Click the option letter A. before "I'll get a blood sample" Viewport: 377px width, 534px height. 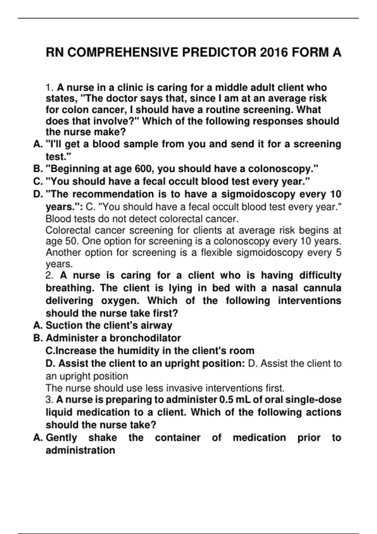(38, 144)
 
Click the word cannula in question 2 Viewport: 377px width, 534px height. (322, 288)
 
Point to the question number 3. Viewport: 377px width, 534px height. (50, 400)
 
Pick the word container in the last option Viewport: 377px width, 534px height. (178, 438)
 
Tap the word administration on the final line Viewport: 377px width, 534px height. (80, 450)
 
